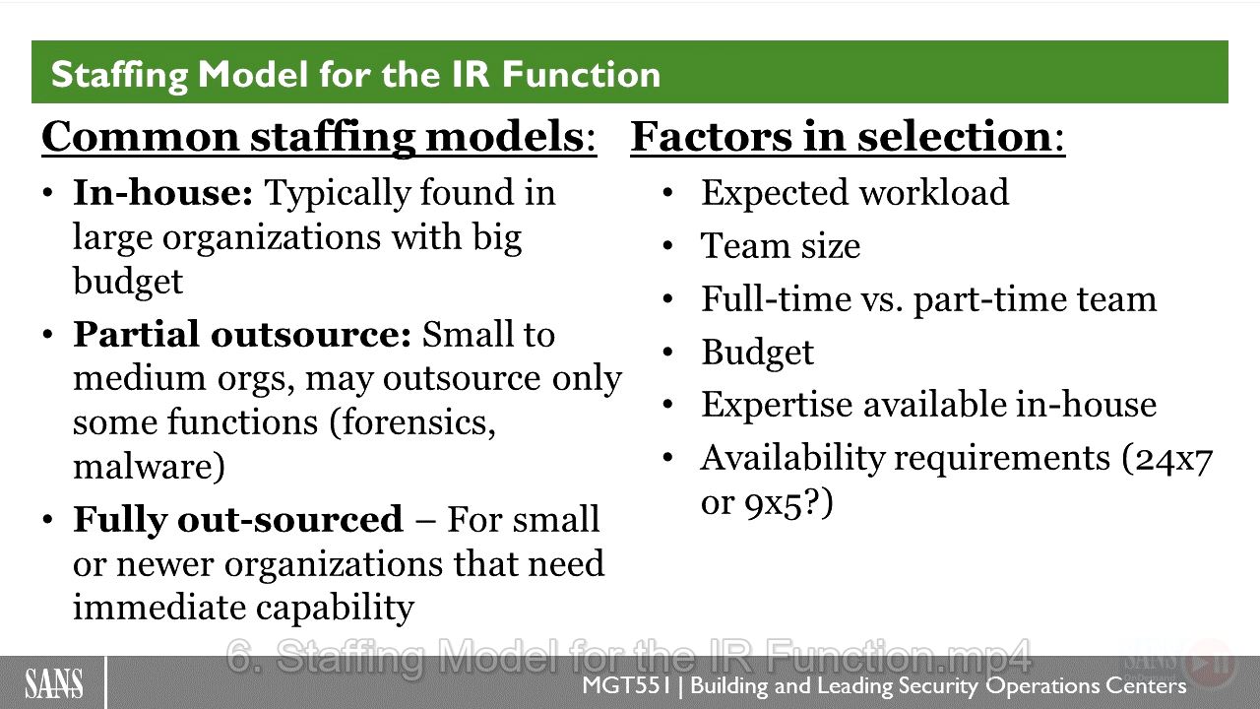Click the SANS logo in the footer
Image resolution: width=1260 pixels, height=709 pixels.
pyautogui.click(x=53, y=683)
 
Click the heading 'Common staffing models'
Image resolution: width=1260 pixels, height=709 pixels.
pyautogui.click(x=312, y=137)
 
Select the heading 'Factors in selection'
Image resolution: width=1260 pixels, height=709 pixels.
pyautogui.click(x=841, y=137)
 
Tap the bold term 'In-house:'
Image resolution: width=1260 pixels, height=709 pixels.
pyautogui.click(x=163, y=192)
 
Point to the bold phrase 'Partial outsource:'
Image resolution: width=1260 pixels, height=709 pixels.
pyautogui.click(x=242, y=334)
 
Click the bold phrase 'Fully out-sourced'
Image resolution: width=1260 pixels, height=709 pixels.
pyautogui.click(x=238, y=519)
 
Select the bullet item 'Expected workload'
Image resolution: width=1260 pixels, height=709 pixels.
pyautogui.click(x=855, y=193)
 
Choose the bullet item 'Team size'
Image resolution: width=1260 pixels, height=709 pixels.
pyautogui.click(x=781, y=246)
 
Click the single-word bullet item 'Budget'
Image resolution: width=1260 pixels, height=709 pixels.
pyautogui.click(x=757, y=353)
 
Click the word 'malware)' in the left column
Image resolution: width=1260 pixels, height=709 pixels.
pyautogui.click(x=149, y=466)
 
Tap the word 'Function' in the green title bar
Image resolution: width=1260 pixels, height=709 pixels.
pyautogui.click(x=581, y=74)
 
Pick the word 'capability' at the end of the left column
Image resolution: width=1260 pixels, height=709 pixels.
pyautogui.click(x=336, y=610)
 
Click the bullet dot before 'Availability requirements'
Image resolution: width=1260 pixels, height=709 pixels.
pyautogui.click(x=667, y=457)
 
